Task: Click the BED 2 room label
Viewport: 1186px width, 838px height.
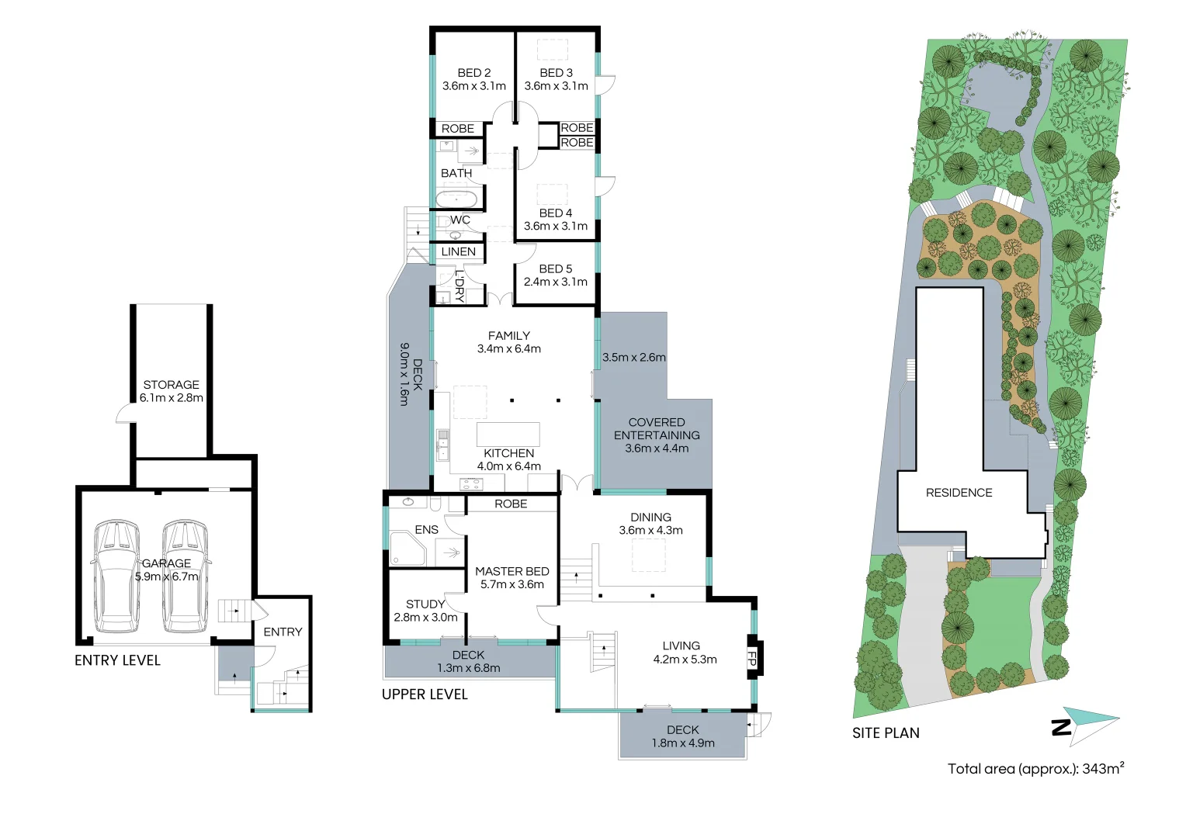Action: (x=473, y=73)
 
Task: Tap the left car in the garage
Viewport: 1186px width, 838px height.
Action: (x=116, y=576)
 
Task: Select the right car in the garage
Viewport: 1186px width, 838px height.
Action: (x=185, y=576)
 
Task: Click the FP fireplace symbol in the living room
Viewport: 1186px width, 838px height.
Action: (x=752, y=658)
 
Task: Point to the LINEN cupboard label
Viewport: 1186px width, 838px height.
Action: (x=458, y=252)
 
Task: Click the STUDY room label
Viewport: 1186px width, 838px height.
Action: (x=425, y=604)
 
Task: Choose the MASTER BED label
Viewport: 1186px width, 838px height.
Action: (x=512, y=571)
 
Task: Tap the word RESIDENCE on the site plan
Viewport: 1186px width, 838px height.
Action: (x=959, y=493)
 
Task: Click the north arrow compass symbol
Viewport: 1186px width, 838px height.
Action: (x=1087, y=725)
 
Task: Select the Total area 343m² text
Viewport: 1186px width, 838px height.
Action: (x=1035, y=769)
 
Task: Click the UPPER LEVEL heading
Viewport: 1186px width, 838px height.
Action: (x=425, y=694)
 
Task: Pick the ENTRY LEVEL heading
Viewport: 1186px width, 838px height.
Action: (x=117, y=660)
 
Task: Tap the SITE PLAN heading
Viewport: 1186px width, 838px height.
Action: (x=886, y=733)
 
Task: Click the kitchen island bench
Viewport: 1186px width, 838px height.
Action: (x=508, y=434)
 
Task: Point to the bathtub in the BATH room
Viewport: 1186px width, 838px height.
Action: (x=456, y=199)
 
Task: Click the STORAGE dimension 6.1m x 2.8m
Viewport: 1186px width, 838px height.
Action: (x=172, y=398)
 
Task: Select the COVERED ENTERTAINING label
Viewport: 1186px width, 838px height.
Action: (x=657, y=429)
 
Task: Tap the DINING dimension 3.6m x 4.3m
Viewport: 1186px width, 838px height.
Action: (x=650, y=531)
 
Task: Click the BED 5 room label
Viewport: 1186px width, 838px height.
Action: (x=555, y=268)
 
